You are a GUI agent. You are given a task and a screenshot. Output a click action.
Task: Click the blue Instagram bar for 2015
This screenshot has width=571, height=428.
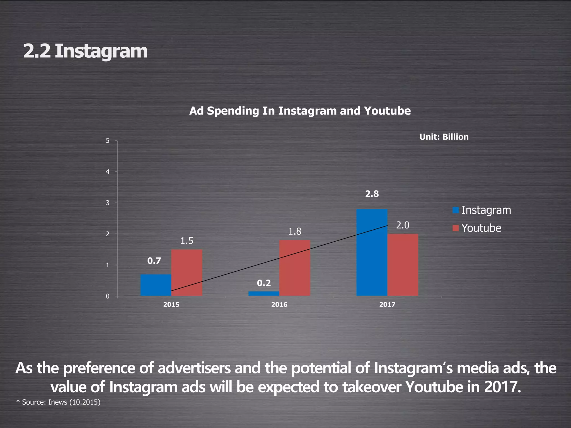click(x=156, y=285)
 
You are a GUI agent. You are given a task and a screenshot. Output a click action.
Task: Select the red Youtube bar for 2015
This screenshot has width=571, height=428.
click(x=187, y=273)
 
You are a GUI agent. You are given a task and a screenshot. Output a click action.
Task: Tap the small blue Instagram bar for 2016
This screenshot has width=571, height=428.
click(x=263, y=293)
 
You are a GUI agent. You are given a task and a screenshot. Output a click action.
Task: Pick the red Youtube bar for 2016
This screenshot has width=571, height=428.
click(x=294, y=268)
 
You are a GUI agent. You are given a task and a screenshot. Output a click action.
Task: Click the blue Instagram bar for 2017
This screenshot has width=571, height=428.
click(x=372, y=252)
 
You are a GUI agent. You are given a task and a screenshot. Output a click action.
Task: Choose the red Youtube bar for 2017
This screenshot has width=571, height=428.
click(x=403, y=265)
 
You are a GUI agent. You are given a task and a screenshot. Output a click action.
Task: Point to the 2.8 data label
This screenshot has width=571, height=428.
click(x=372, y=194)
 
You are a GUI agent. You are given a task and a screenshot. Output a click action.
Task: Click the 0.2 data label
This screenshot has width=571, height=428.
click(x=264, y=283)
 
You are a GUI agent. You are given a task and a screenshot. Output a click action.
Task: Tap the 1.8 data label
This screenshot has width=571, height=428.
click(x=295, y=231)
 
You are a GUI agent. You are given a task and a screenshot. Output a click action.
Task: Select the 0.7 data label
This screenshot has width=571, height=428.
click(x=154, y=261)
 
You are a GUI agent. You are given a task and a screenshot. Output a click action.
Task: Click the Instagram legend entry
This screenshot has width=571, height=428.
click(x=482, y=210)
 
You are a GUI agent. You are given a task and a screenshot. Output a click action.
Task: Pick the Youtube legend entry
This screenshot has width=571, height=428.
click(x=477, y=228)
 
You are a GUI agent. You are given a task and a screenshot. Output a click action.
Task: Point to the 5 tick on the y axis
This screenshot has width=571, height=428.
click(x=108, y=141)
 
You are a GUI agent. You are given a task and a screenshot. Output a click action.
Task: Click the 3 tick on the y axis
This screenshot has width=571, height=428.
click(x=108, y=203)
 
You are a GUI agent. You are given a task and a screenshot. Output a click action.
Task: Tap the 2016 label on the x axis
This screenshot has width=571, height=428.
click(x=279, y=305)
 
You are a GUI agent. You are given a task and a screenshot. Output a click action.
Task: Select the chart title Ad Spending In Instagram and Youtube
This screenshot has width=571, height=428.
click(x=300, y=111)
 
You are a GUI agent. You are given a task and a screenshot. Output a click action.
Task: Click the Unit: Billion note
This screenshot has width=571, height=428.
click(x=444, y=137)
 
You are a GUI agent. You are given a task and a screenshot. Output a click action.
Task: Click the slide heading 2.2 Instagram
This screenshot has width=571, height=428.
click(x=85, y=51)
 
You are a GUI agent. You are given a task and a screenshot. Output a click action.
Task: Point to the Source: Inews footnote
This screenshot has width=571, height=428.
click(x=58, y=402)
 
